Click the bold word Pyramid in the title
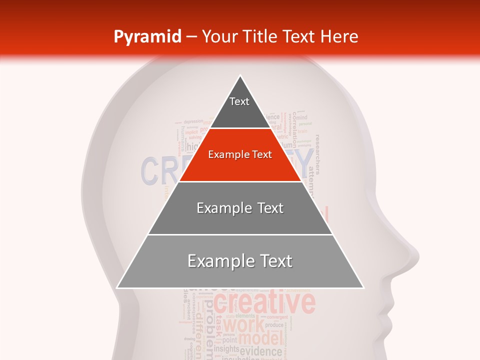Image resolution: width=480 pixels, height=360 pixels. click(x=147, y=36)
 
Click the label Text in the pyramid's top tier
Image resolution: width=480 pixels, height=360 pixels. click(x=239, y=101)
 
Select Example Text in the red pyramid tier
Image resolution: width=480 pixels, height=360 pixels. click(x=240, y=154)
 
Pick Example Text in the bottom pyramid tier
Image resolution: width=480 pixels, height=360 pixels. click(x=240, y=261)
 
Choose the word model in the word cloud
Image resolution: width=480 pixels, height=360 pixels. click(x=260, y=339)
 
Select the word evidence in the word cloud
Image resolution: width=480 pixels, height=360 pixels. click(x=261, y=351)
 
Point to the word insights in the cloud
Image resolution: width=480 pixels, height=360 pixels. click(x=226, y=349)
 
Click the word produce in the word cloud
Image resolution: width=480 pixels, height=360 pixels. click(x=274, y=325)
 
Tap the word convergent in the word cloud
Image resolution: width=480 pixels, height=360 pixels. click(x=277, y=317)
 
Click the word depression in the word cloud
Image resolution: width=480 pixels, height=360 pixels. click(x=193, y=121)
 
